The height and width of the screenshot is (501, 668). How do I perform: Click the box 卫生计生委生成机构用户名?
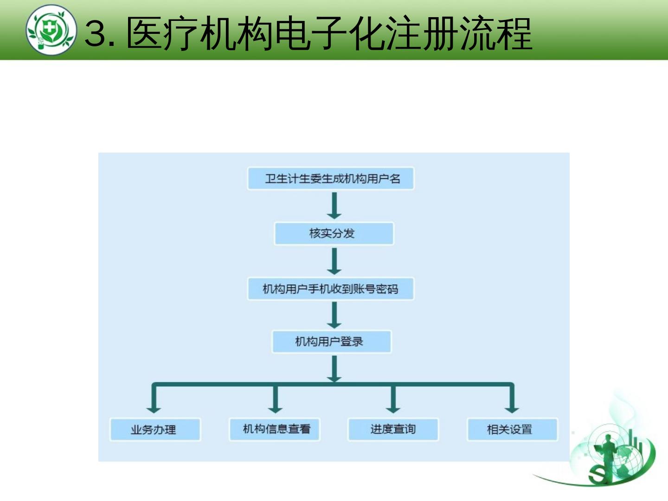[x=331, y=179]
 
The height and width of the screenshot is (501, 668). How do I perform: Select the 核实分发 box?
[x=334, y=233]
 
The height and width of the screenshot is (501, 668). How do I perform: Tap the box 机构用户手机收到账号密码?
[x=331, y=289]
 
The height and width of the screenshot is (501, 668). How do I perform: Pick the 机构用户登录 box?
[x=331, y=342]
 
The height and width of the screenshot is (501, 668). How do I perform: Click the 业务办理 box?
[x=155, y=430]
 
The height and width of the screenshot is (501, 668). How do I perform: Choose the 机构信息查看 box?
[x=275, y=429]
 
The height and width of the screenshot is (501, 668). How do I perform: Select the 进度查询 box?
[x=393, y=429]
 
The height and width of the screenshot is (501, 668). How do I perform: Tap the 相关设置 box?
[x=512, y=430]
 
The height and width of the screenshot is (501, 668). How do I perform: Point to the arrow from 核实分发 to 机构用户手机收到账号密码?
[x=334, y=261]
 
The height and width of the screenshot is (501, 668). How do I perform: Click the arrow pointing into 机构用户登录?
[x=334, y=315]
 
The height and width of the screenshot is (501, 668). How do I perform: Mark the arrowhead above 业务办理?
[x=154, y=408]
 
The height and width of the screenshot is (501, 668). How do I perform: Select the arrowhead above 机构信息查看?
[x=275, y=408]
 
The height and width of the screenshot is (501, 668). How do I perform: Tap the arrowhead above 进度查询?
[x=393, y=408]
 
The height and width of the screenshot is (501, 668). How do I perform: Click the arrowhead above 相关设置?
[x=512, y=408]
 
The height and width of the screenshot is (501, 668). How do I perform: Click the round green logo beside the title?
[x=51, y=30]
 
